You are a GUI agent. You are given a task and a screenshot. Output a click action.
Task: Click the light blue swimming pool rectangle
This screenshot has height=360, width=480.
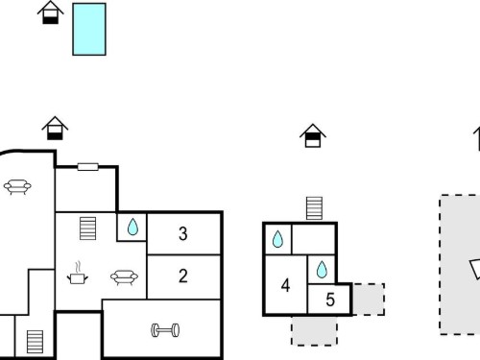pos(89,29)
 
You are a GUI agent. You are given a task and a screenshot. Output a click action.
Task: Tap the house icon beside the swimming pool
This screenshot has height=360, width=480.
pos(50,12)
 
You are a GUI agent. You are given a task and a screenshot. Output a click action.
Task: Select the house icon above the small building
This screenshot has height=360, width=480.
pos(313,135)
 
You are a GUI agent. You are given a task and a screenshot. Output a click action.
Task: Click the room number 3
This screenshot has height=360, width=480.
pos(183,233)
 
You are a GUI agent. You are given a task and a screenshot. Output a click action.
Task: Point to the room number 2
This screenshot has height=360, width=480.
pos(183,276)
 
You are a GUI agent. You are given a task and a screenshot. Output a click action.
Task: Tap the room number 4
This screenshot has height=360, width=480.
pos(285,285)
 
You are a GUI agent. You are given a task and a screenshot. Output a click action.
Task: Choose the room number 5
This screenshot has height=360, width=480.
pos(330,300)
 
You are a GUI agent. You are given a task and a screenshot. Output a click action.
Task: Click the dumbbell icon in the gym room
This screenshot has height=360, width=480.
pos(165,330)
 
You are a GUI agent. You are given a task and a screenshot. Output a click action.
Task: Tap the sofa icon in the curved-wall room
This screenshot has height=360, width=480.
pos(17,187)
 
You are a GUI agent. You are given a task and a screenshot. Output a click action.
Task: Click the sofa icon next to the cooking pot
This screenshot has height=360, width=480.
pos(124,277)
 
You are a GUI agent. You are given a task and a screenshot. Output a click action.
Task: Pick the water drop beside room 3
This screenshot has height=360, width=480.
pos(132,227)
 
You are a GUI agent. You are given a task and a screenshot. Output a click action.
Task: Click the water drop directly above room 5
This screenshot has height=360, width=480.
pos(322,270)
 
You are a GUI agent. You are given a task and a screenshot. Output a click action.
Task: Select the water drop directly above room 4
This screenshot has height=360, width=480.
pos(277,239)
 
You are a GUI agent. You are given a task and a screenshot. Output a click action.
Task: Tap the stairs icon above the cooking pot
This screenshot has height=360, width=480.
pos(87,228)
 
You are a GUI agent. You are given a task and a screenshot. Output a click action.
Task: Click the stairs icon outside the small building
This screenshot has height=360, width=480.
pos(314,208)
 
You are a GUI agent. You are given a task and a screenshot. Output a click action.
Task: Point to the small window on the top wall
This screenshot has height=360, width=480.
pos(88,167)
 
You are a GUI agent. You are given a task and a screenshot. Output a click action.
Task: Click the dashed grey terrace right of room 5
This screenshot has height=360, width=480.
pos(369,300)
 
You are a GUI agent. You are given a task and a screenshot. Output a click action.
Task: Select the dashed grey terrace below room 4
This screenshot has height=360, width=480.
pos(314,331)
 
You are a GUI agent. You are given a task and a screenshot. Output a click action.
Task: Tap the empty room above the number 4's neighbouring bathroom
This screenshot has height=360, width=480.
pos(314,239)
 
